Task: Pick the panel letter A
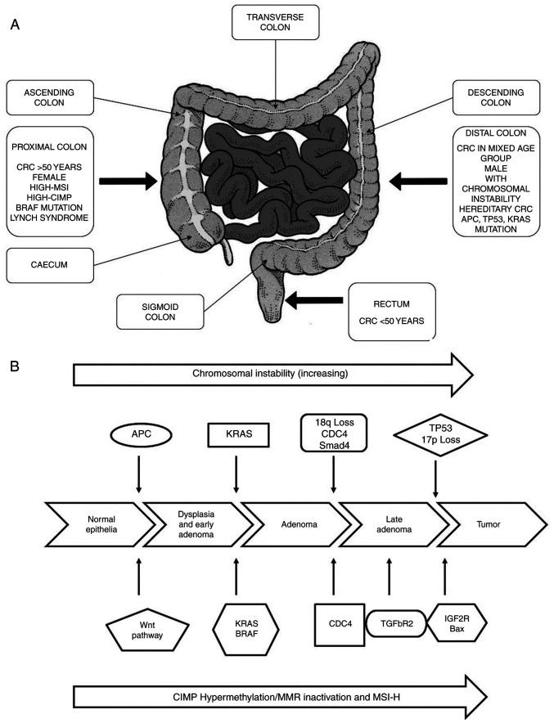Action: (13, 25)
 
